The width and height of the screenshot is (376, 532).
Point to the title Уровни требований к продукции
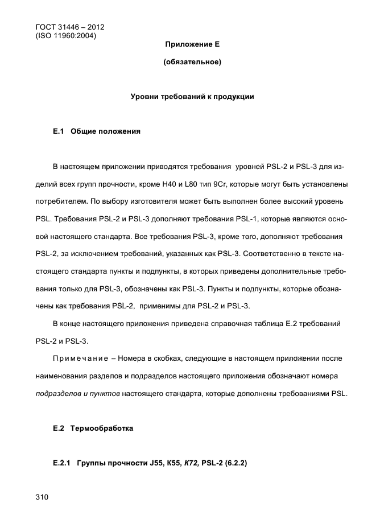pos(192,97)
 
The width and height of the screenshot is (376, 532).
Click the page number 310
pos(42,497)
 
